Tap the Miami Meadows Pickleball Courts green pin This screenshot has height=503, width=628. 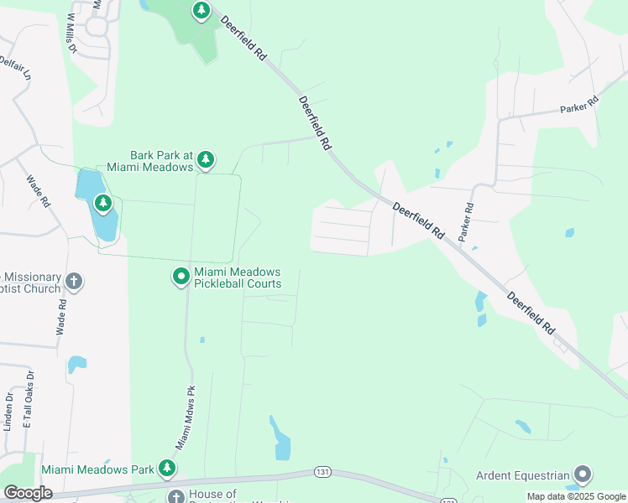click(x=181, y=277)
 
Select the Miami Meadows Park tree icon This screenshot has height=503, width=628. click(x=168, y=468)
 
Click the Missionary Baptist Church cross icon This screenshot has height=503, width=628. click(x=74, y=282)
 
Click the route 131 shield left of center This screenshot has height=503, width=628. click(x=322, y=472)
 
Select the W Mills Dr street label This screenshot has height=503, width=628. click(x=71, y=34)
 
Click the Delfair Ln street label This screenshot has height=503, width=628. click(x=14, y=68)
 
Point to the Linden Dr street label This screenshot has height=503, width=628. click(x=8, y=411)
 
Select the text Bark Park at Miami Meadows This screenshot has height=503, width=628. click(x=162, y=161)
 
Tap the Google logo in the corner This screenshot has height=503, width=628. click(x=28, y=493)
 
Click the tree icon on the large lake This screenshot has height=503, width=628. click(x=102, y=203)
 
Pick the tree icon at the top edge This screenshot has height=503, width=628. click(x=201, y=11)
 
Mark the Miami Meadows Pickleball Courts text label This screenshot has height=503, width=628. click(x=238, y=277)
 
